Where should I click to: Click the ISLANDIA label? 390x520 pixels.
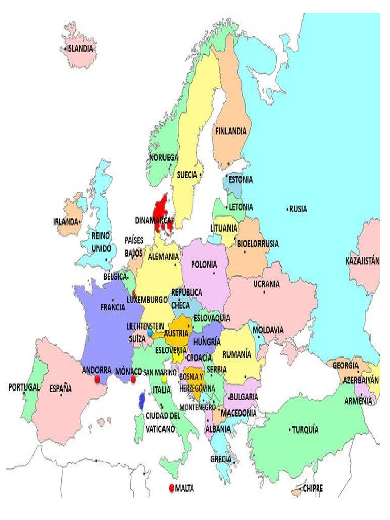click(81, 49)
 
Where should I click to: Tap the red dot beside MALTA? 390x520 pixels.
click(171, 489)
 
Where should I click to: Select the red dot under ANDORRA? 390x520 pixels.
click(97, 379)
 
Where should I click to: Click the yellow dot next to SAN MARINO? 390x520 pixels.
click(165, 379)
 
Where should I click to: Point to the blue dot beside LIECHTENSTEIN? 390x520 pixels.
click(150, 333)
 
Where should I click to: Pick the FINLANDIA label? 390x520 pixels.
click(231, 131)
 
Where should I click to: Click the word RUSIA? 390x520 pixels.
click(298, 208)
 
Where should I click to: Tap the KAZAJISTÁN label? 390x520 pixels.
click(363, 261)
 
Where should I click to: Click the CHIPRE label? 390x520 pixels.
click(313, 489)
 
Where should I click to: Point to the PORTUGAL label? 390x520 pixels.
click(23, 387)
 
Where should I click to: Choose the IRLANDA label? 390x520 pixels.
click(66, 222)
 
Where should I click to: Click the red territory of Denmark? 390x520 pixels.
click(161, 213)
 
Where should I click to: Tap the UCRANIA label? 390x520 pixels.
click(267, 284)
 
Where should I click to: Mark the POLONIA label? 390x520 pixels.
click(204, 264)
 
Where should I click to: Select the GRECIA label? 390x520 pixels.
click(220, 459)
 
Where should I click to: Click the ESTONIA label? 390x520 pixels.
click(240, 179)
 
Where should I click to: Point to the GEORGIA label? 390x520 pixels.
click(346, 365)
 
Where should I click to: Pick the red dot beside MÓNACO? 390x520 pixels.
click(133, 379)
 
